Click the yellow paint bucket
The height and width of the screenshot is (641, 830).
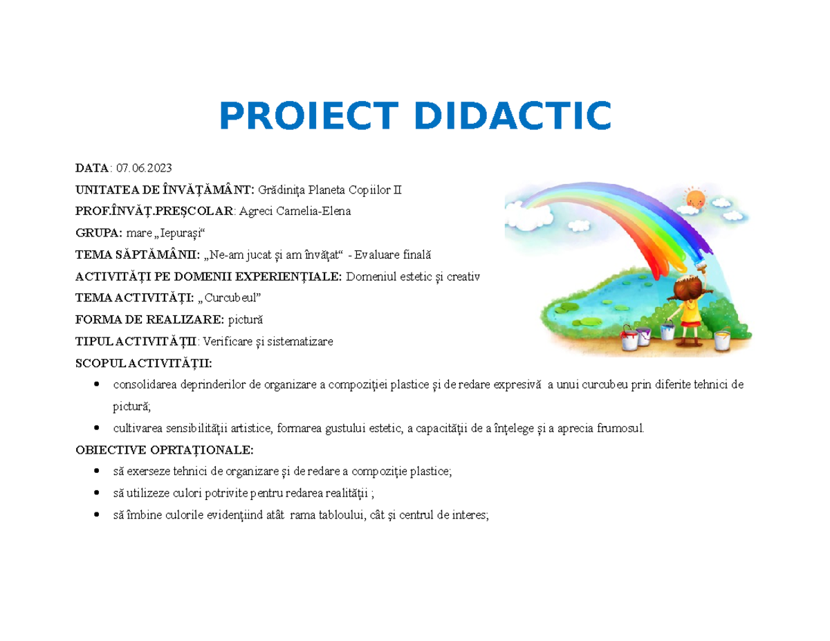pos(721,340)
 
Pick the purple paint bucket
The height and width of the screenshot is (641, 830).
pos(643,335)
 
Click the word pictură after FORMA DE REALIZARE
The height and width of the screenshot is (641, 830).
pos(246,320)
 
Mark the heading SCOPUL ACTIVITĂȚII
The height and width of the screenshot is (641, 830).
pos(144,363)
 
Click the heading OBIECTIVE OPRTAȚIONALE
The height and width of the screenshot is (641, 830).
pos(164,450)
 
